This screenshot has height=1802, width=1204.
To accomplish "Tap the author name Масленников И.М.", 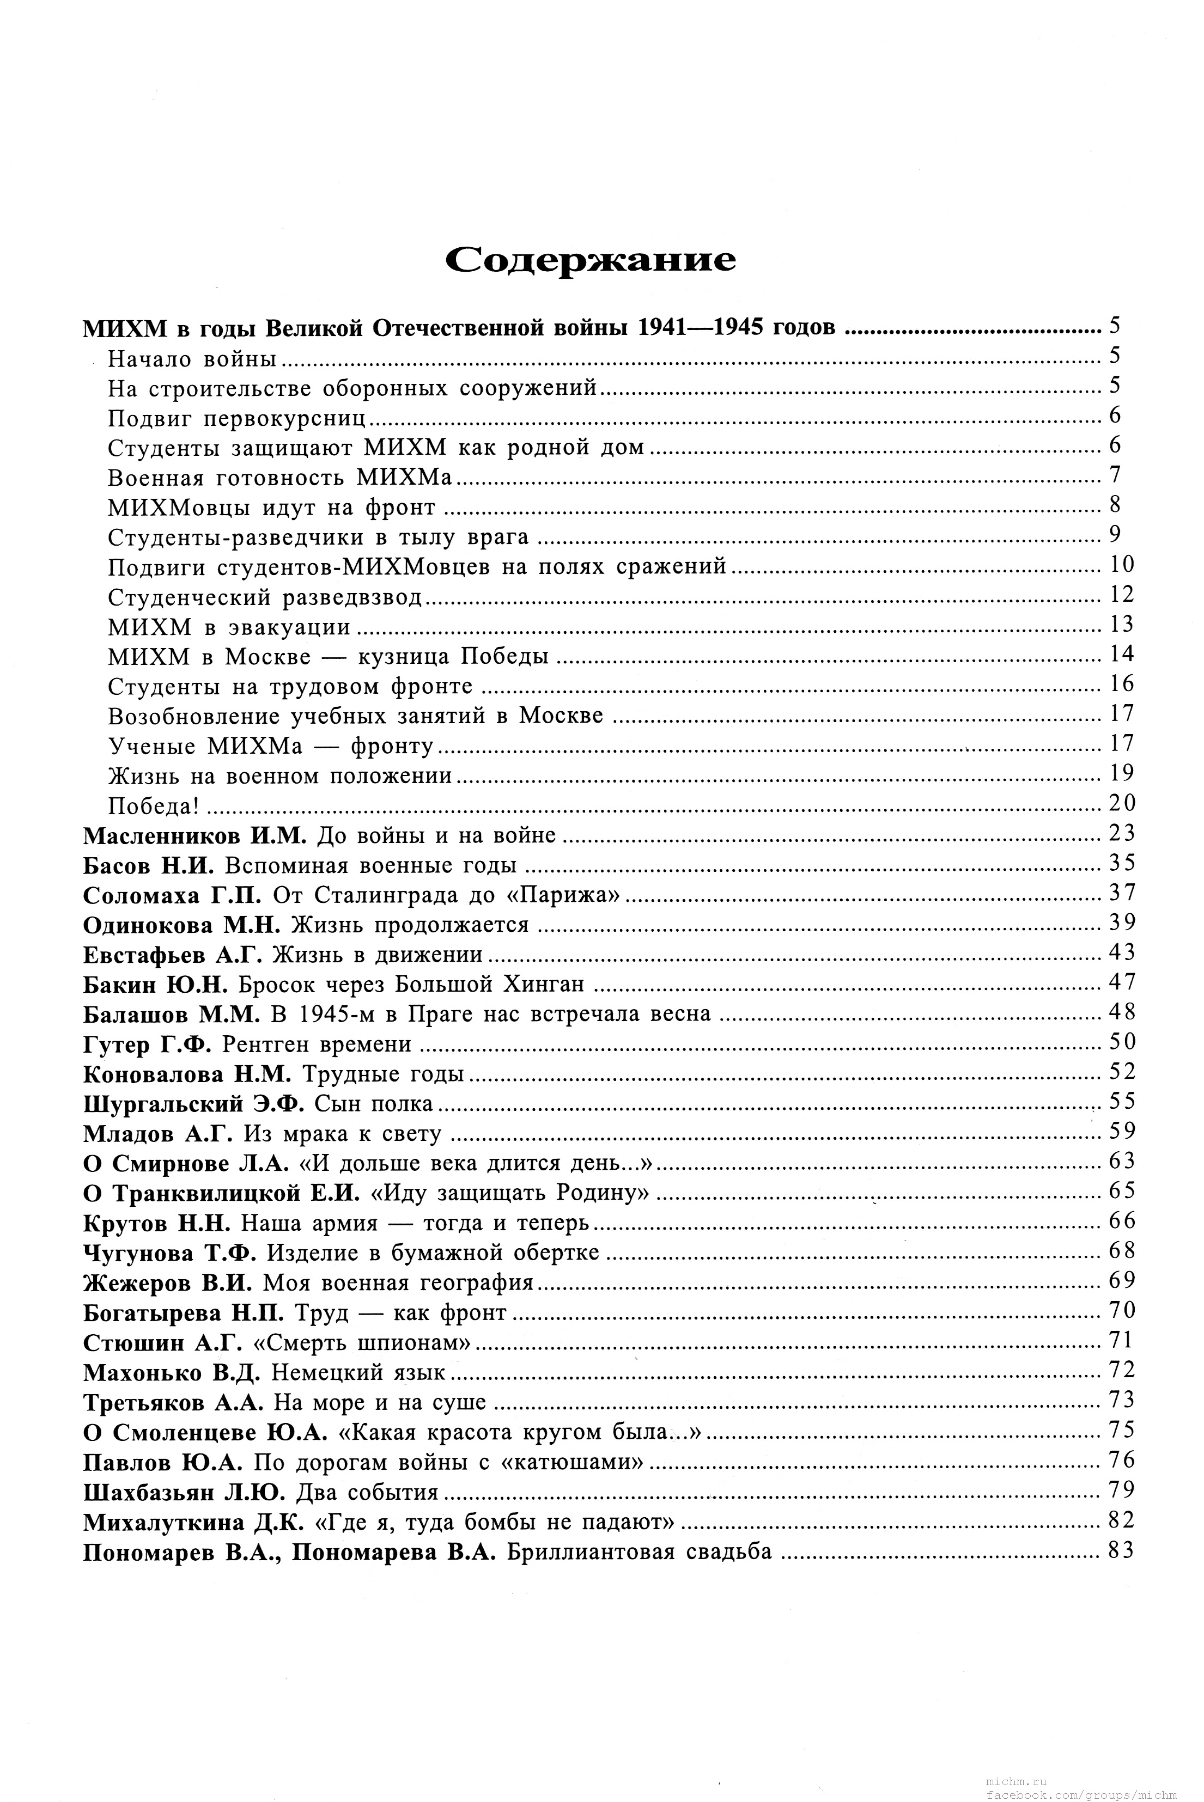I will [x=195, y=835].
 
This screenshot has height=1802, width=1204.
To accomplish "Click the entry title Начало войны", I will [x=192, y=358].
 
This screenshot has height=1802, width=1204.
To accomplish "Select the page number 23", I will [x=1121, y=833].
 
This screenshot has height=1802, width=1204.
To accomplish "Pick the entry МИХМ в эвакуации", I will [x=229, y=627].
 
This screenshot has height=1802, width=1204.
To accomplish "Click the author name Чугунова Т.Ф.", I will [x=169, y=1253].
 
